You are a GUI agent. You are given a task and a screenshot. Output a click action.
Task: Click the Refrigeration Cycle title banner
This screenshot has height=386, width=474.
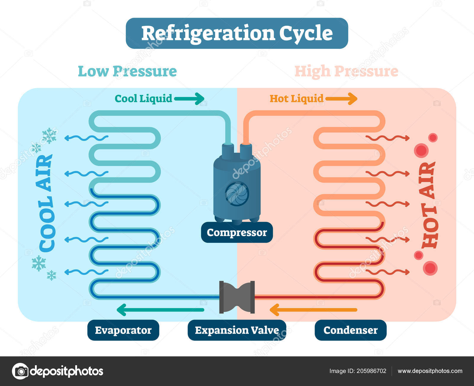click(237, 33)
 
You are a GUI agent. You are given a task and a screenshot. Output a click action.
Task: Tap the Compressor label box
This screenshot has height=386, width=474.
click(237, 232)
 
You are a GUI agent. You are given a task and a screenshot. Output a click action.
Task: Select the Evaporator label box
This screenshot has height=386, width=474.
click(123, 330)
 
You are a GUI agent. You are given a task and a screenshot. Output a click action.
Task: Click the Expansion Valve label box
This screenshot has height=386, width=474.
click(237, 330)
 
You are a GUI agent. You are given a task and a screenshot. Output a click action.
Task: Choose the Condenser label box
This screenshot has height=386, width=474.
click(350, 330)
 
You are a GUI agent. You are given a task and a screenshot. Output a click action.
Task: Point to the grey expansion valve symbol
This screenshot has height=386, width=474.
click(237, 297)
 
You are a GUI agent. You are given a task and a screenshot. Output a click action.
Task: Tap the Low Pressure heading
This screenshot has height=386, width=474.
click(127, 71)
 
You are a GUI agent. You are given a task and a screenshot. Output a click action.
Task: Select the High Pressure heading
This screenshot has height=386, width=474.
click(346, 71)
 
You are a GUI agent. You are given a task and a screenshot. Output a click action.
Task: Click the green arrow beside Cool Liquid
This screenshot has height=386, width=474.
click(189, 99)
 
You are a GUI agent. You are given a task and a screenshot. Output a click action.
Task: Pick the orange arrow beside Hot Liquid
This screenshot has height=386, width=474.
click(341, 99)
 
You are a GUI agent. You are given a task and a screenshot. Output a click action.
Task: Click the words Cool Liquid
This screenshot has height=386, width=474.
click(143, 99)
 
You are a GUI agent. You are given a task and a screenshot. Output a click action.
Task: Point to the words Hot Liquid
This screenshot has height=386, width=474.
click(296, 99)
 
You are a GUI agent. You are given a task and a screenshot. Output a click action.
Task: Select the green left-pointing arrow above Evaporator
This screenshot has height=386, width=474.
click(160, 310)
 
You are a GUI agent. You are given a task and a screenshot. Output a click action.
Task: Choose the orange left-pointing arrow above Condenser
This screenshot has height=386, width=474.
click(313, 310)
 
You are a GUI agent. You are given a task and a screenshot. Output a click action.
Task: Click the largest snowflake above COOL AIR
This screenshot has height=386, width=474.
click(49, 135)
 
